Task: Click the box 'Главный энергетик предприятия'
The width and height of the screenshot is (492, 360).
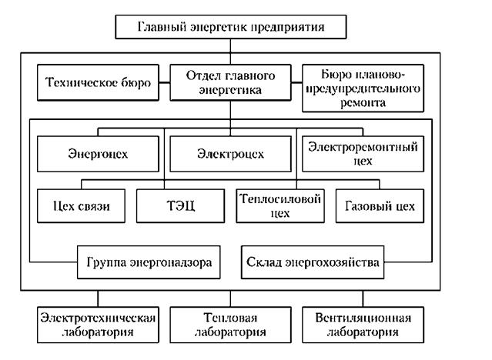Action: pyautogui.click(x=229, y=26)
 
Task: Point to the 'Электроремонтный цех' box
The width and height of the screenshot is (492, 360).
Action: pyautogui.click(x=360, y=154)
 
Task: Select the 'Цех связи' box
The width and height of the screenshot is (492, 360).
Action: pyautogui.click(x=79, y=205)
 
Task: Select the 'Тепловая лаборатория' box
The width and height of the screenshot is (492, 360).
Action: pyautogui.click(x=230, y=325)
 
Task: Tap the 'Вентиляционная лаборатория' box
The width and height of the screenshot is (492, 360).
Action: pyautogui.click(x=363, y=325)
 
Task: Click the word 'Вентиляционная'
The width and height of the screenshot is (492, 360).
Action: pyautogui.click(x=363, y=318)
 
